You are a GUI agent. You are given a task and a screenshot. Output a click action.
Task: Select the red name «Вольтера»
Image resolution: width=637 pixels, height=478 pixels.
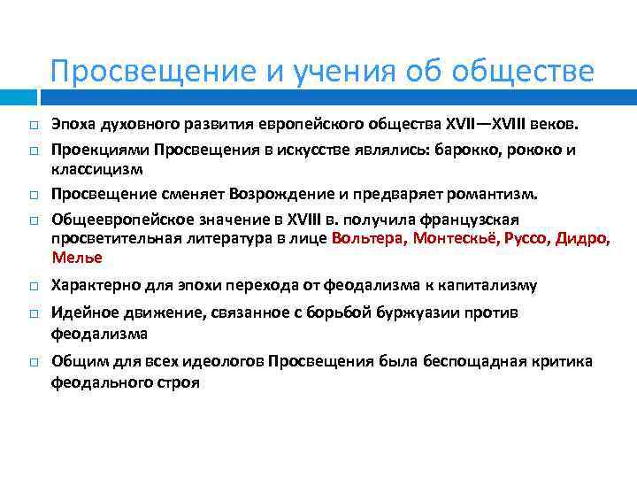tap(367, 239)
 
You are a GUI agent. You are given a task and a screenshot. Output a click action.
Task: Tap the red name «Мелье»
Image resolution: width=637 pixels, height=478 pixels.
tap(77, 258)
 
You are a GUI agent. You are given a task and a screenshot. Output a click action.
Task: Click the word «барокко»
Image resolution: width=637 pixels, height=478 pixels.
tap(464, 149)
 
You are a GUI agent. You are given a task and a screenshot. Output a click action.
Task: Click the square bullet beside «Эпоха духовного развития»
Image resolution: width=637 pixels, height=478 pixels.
tap(29, 124)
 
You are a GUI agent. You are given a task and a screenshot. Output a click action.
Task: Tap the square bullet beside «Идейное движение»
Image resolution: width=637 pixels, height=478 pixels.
tap(29, 314)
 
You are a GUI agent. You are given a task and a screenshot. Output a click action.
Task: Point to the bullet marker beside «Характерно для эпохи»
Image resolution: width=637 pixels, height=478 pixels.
tap(29, 286)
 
